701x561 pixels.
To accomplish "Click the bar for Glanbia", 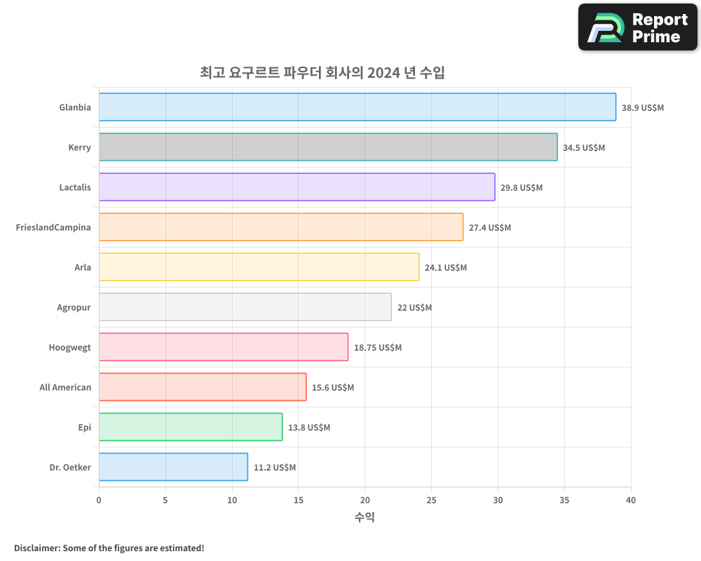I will [358, 107].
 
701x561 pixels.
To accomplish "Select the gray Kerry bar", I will [328, 147].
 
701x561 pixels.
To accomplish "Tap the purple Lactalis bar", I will [297, 187].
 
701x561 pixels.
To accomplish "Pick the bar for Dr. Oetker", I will [173, 467].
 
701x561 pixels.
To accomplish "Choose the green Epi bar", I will [191, 427].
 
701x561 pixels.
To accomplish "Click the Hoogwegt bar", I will [224, 347].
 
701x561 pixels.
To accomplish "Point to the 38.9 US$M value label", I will [642, 108].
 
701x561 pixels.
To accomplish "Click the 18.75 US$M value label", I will [378, 348].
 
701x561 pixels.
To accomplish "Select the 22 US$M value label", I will [414, 308].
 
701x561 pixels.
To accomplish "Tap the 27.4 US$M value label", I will [490, 228].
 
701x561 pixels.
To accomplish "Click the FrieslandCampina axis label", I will [53, 227].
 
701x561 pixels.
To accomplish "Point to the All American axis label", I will [65, 387].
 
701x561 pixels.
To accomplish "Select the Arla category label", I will [83, 267].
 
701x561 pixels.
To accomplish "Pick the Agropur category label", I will [74, 307].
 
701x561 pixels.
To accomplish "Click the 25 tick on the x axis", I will [431, 500].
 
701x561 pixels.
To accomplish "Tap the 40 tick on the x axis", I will [631, 500].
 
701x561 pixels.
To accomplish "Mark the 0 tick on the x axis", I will [99, 500].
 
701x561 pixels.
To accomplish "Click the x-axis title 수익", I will [365, 518].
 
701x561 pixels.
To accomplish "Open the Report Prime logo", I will [637, 27].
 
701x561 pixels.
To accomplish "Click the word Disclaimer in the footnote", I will [36, 548].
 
